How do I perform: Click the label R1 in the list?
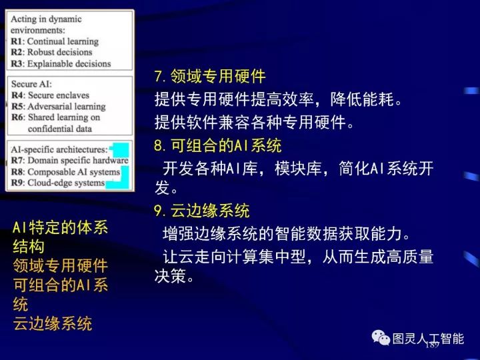17,41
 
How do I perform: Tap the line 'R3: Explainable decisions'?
60,63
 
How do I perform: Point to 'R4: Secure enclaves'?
50,95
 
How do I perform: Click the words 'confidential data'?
60,128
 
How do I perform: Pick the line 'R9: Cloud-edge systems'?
57,182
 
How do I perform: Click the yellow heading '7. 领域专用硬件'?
209,77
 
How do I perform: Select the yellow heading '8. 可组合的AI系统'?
217,146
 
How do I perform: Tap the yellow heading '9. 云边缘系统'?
201,211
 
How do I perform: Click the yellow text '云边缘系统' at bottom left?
53,324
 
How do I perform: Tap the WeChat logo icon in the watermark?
381,338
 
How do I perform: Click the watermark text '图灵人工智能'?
428,338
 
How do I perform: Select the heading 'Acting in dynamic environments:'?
47,24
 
